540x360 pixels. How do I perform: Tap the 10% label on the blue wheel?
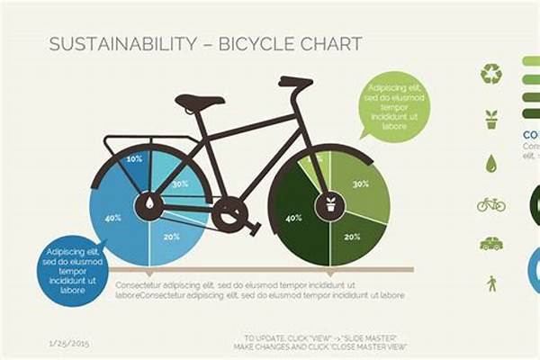[x=134, y=158]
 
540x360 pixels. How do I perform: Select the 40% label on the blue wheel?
[x=112, y=217]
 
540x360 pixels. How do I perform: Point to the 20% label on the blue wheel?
[x=170, y=237]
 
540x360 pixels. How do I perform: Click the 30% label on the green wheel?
[x=360, y=183]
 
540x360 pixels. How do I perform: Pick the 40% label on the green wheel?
[x=293, y=217]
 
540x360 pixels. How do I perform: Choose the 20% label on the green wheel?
[x=352, y=237]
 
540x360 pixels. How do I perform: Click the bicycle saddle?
[x=199, y=102]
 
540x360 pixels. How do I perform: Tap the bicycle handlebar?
[x=295, y=83]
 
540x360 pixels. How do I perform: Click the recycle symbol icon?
[x=490, y=73]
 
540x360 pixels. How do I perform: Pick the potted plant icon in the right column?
[x=490, y=119]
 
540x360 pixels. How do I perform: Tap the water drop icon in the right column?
[x=490, y=163]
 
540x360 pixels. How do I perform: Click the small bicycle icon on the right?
[x=490, y=204]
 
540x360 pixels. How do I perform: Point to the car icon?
[x=490, y=244]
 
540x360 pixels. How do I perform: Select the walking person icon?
[x=491, y=283]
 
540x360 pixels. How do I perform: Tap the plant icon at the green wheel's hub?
[x=329, y=203]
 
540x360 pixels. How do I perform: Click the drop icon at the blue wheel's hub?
[x=148, y=203]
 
